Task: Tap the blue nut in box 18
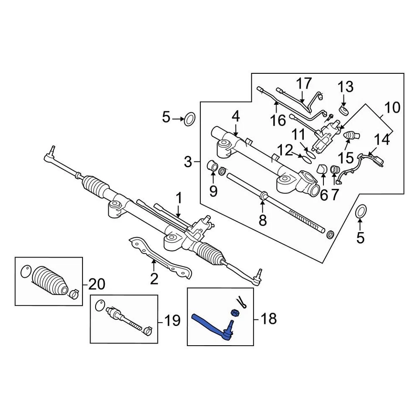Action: [234, 313]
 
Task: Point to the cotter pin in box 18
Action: [241, 302]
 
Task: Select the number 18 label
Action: [268, 319]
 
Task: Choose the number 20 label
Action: [96, 285]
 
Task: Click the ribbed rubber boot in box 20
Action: [49, 281]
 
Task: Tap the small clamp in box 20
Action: [73, 294]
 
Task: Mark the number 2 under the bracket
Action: [154, 278]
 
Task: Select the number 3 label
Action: [188, 163]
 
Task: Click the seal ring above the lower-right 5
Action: [361, 212]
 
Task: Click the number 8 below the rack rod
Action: [262, 220]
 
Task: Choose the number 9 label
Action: [213, 191]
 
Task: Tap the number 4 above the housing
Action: [236, 117]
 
